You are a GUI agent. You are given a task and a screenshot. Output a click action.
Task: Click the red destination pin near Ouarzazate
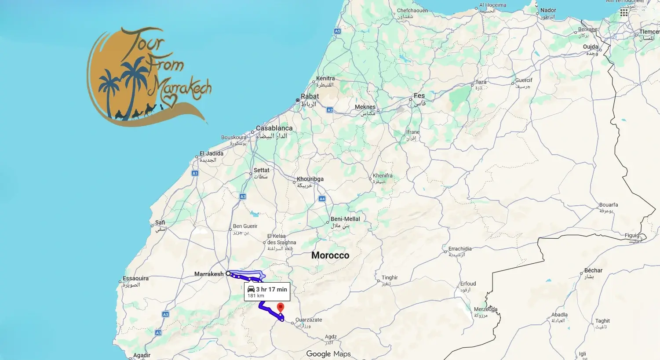281,307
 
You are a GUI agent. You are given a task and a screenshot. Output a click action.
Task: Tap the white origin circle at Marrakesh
228,273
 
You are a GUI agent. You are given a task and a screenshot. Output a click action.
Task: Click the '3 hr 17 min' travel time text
271,289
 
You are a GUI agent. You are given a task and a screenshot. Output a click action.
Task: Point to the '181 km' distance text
255,296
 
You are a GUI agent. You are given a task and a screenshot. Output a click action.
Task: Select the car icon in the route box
251,289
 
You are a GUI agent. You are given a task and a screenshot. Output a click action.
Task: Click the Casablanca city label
274,128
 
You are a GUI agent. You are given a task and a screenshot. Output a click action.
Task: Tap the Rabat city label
310,96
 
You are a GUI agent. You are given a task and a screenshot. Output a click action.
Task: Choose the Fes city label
419,96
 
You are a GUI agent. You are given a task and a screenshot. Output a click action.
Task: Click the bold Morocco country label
330,255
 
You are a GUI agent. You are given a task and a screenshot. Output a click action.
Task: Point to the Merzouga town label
485,309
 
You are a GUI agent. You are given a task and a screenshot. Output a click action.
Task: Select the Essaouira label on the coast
135,278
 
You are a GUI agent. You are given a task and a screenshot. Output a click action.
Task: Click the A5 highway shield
337,31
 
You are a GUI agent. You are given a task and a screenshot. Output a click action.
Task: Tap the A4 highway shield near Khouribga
322,199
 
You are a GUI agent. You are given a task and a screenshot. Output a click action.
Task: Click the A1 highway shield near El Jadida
195,173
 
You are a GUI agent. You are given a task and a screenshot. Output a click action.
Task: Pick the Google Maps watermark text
328,354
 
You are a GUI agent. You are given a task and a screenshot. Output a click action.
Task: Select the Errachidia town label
460,249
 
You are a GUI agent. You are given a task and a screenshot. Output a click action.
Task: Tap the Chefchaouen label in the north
412,11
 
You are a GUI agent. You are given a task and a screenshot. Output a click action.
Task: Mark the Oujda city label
591,47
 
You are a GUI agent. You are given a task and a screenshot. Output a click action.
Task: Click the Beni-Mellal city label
345,219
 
